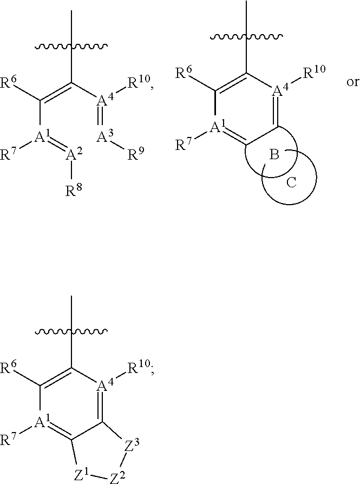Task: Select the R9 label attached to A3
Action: [135, 155]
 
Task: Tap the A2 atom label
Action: [73, 156]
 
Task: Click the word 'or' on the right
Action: [352, 83]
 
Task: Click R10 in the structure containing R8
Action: [138, 82]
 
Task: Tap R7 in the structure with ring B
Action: [184, 145]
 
